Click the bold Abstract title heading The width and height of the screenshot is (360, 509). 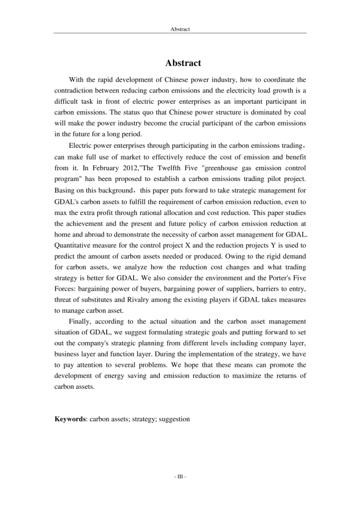pos(180,63)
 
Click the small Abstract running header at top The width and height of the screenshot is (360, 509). pos(180,29)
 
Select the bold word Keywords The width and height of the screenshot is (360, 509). pos(70,419)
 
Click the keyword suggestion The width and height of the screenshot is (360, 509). pos(173,419)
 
